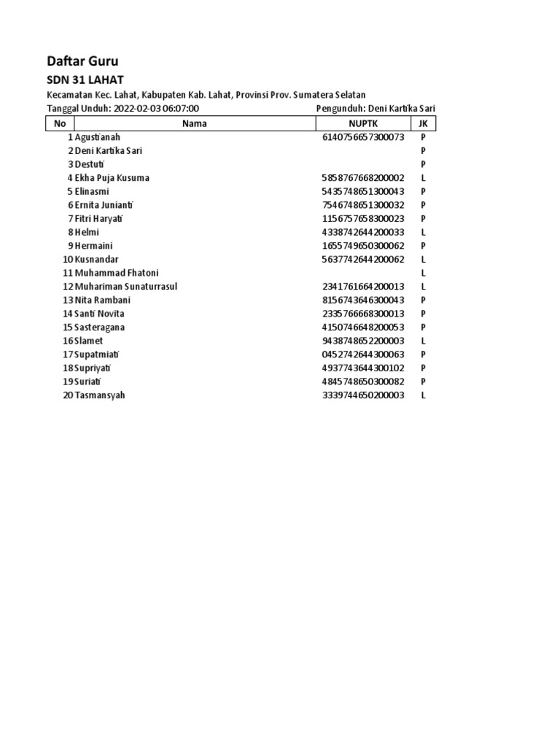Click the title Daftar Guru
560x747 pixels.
[x=82, y=61]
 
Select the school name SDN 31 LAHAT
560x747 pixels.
[x=85, y=80]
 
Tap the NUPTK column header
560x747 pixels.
[x=363, y=123]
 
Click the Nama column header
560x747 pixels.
[x=195, y=123]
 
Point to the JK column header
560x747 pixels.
[x=423, y=123]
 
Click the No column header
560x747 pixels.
[x=60, y=123]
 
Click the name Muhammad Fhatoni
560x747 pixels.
[x=117, y=273]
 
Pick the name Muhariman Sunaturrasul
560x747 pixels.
[x=126, y=287]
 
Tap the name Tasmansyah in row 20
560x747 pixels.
[x=100, y=395]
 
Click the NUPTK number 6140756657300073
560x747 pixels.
[x=363, y=137]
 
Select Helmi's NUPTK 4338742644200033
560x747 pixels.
[x=363, y=232]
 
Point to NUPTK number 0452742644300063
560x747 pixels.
[x=363, y=355]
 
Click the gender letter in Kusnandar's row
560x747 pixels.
[x=423, y=260]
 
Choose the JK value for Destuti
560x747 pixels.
[x=423, y=164]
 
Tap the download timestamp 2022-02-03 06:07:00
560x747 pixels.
[x=156, y=109]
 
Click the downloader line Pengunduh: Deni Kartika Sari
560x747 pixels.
[x=376, y=109]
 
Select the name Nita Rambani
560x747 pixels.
[x=103, y=300]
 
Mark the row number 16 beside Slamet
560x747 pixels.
[x=68, y=341]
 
